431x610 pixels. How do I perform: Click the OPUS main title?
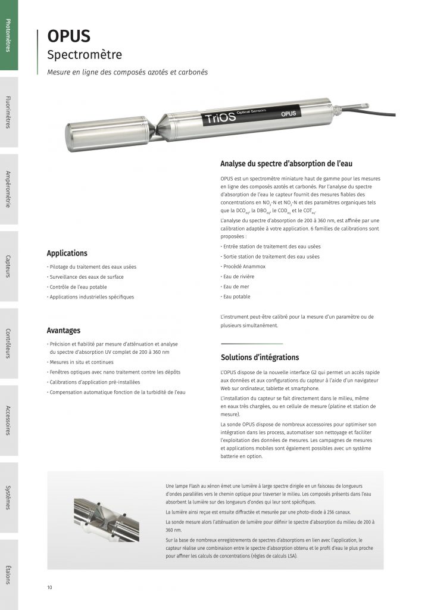[x=69, y=36]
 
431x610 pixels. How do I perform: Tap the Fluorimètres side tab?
[x=8, y=112]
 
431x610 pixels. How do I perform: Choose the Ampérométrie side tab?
[x=8, y=189]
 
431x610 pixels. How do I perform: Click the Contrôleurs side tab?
[x=8, y=343]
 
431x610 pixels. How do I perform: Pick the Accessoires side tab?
[x=8, y=421]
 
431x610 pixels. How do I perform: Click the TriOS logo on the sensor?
[x=220, y=117]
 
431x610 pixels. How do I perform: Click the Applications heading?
[x=67, y=253]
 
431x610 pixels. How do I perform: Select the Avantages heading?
[x=64, y=331]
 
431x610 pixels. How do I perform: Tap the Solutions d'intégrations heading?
[x=260, y=357]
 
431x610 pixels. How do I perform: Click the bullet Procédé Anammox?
[x=243, y=266]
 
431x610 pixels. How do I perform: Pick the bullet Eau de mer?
[x=236, y=287]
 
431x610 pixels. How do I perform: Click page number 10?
[x=50, y=588]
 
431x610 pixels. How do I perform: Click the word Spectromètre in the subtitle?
[x=85, y=55]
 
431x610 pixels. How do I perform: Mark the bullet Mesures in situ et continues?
[x=82, y=362]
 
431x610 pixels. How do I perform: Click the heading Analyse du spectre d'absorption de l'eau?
[x=289, y=164]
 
